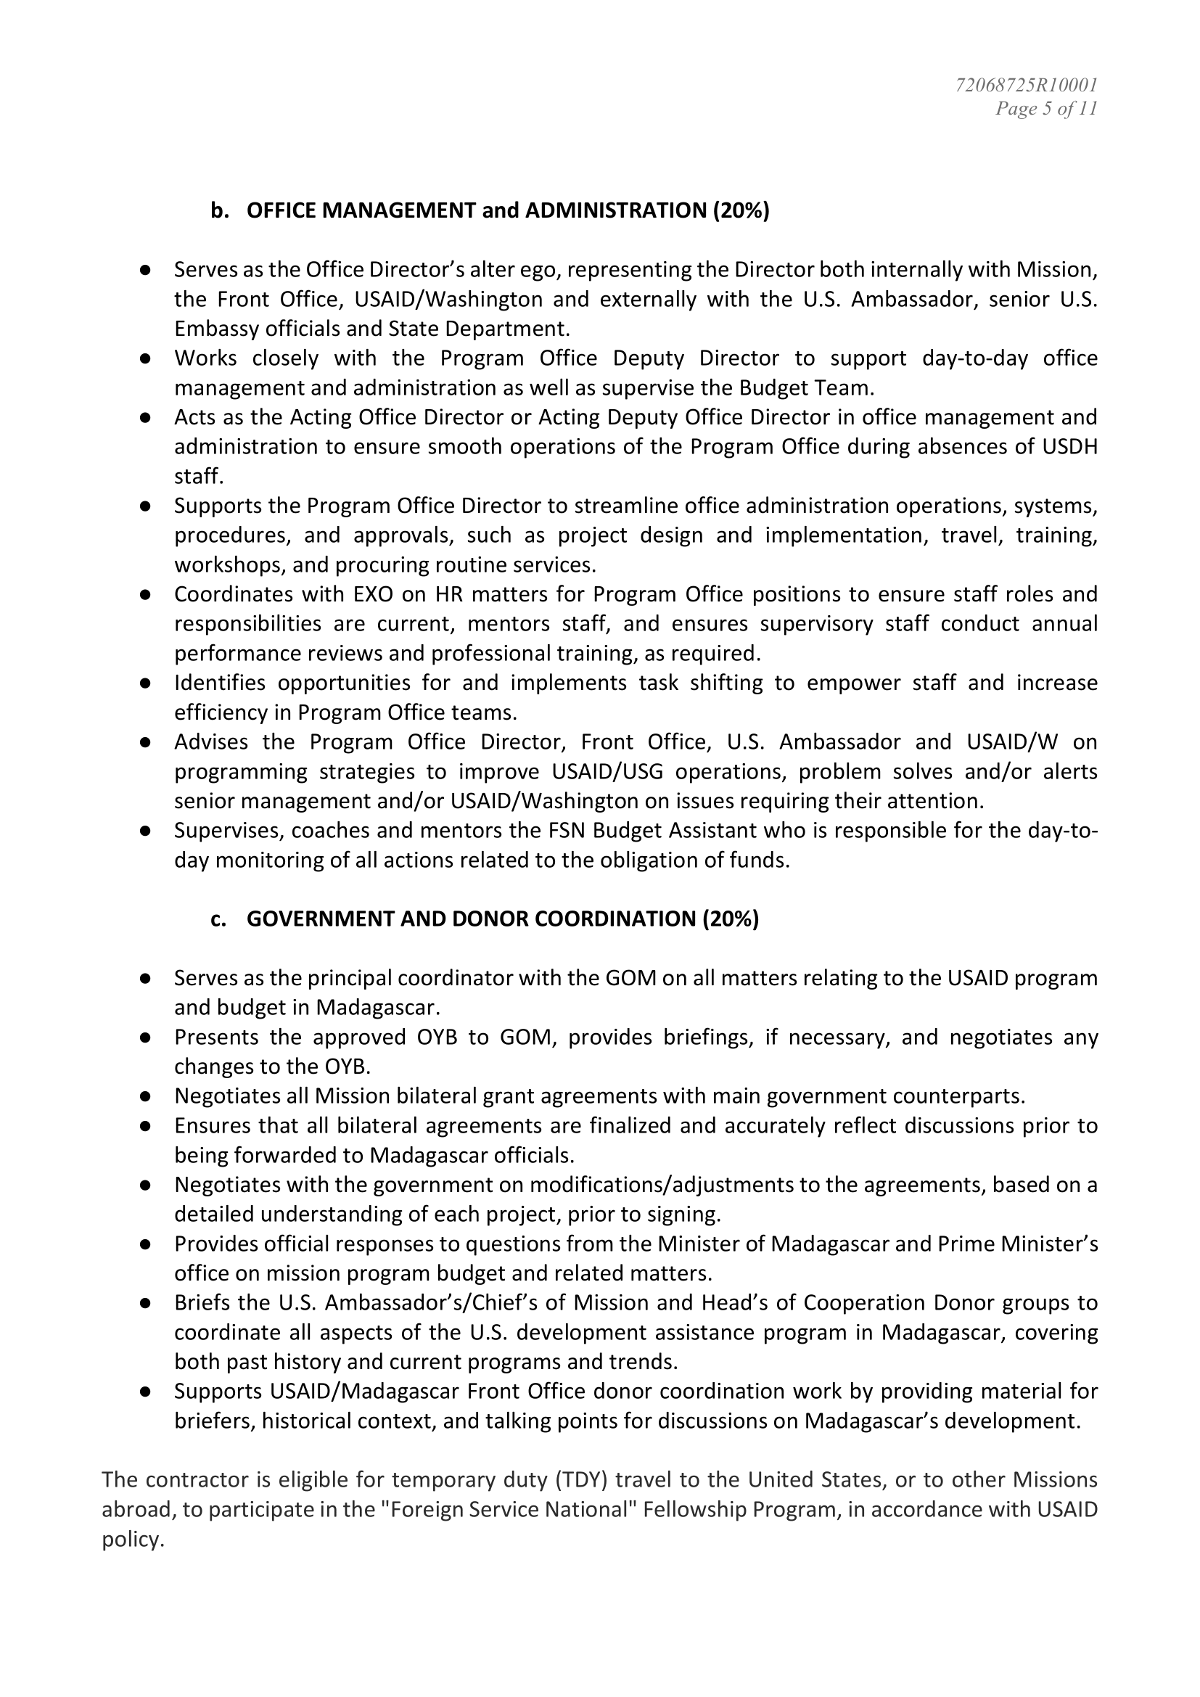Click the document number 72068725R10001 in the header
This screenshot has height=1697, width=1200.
pyautogui.click(x=1026, y=85)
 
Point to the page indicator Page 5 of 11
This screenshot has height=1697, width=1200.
pyautogui.click(x=1045, y=110)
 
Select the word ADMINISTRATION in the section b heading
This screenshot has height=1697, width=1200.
pyautogui.click(x=616, y=210)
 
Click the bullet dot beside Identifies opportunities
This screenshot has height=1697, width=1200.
pyautogui.click(x=146, y=683)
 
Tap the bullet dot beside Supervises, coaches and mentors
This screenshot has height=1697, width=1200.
pyautogui.click(x=146, y=831)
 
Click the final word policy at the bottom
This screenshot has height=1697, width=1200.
pyautogui.click(x=131, y=1540)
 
